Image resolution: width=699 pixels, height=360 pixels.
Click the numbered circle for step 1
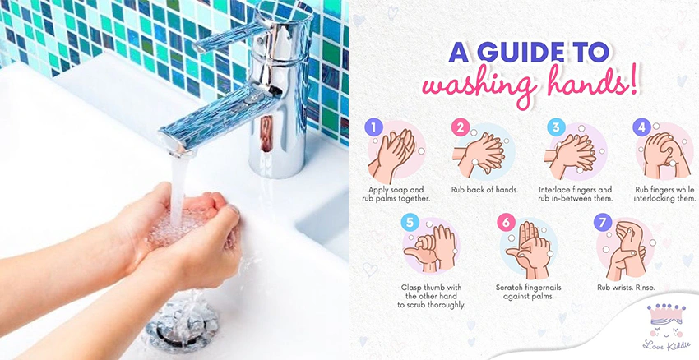click(x=373, y=127)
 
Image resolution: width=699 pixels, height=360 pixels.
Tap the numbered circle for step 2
click(x=461, y=127)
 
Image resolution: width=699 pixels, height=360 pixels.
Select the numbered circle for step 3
click(x=555, y=127)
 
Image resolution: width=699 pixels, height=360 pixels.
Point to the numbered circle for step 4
click(x=641, y=127)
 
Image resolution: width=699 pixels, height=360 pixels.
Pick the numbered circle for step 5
click(x=410, y=222)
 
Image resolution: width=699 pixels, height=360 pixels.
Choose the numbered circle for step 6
click(x=506, y=222)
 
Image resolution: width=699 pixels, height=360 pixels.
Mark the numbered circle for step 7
click(x=602, y=222)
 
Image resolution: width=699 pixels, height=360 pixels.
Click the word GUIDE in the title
click(x=513, y=52)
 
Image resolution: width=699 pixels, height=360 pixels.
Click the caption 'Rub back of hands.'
click(x=484, y=190)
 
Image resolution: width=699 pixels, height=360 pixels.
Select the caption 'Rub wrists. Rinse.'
click(x=626, y=288)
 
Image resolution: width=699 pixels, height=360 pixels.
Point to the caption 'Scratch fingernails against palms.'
click(x=528, y=292)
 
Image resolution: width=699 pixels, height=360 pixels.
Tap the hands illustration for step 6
click(x=531, y=250)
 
